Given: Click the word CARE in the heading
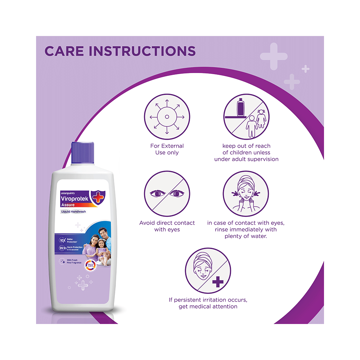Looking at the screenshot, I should [64, 51].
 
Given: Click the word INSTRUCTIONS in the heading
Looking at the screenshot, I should [142, 51].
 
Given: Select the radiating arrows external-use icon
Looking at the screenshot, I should [167, 116].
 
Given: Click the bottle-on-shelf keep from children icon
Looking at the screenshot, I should [246, 116].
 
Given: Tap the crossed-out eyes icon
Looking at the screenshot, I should [167, 194].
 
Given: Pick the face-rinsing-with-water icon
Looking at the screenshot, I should [246, 194].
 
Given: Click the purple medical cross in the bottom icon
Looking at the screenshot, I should [217, 282].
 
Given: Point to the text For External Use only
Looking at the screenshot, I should [167, 149].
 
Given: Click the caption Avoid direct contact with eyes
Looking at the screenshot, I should [167, 226].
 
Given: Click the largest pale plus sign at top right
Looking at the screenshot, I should [274, 56].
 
